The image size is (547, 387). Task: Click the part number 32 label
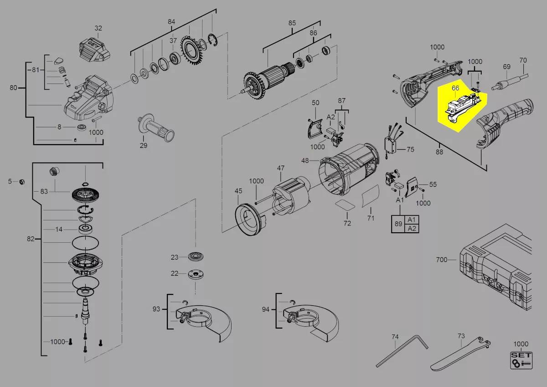click(98, 28)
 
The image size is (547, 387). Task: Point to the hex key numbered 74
click(402, 351)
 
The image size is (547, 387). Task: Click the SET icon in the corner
click(521, 361)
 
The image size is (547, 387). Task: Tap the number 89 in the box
click(398, 224)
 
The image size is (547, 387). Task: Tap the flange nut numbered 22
click(196, 274)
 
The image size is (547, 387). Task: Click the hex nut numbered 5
click(22, 182)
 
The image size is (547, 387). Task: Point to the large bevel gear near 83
click(86, 195)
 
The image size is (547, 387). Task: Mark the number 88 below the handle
click(439, 152)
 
